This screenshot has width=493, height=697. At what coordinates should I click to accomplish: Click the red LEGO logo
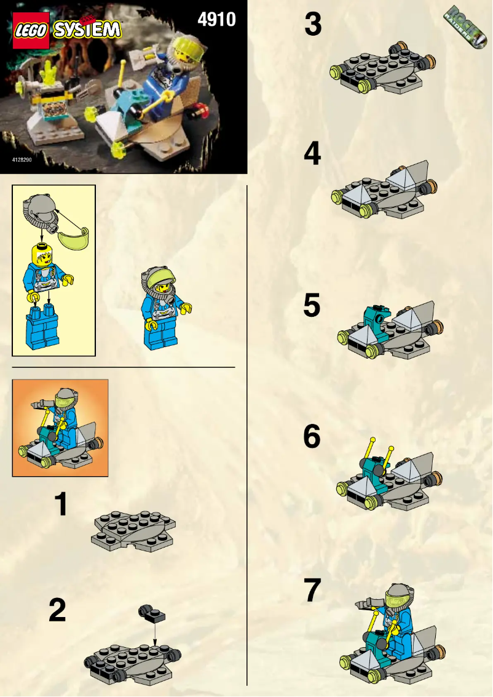(30, 31)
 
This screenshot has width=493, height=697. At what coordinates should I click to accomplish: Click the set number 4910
(216, 20)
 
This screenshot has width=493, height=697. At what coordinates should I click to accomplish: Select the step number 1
(61, 504)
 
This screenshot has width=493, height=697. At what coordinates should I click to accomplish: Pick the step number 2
(58, 610)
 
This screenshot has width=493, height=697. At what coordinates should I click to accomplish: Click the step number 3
(313, 25)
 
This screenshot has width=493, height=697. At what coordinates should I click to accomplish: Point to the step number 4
(312, 154)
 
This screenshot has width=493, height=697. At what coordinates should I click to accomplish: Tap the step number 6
(312, 437)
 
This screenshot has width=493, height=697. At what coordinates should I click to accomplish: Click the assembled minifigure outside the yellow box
(166, 308)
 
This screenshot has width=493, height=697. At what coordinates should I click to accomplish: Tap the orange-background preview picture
(60, 428)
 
